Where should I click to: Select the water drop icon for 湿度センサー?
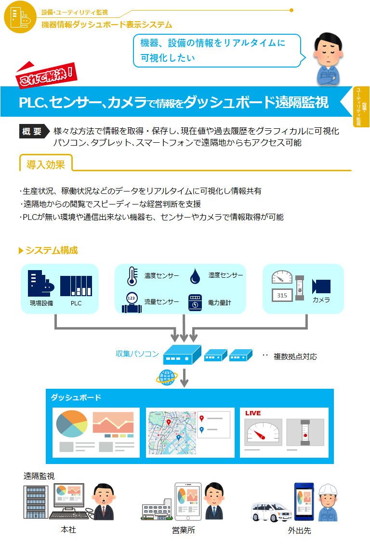[x=195, y=276]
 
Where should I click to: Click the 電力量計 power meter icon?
[x=195, y=302]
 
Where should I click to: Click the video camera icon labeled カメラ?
[x=321, y=286]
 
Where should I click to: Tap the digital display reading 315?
[x=282, y=295]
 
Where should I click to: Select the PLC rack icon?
[x=76, y=286]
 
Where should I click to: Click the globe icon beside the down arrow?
[x=167, y=377]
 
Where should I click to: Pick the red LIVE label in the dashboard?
[x=253, y=413]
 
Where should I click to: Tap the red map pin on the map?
[x=169, y=423]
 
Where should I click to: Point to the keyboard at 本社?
[x=69, y=515]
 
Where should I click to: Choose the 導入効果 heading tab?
[x=46, y=164]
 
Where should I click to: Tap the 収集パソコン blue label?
[x=137, y=354]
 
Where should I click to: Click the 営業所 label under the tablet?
[x=184, y=530]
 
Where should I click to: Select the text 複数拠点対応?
[x=295, y=357]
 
